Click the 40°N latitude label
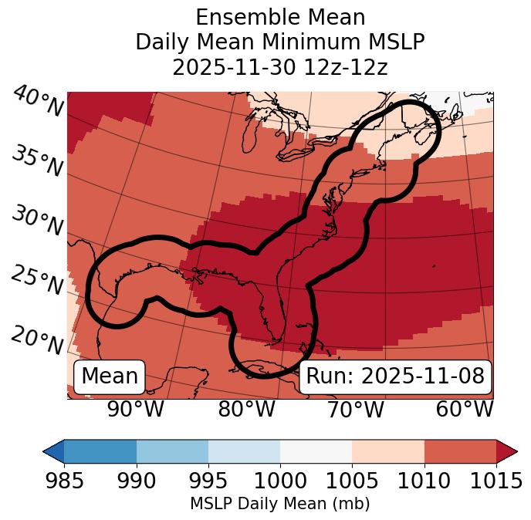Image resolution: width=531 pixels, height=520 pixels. [37, 102]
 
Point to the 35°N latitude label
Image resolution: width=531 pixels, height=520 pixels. [37, 162]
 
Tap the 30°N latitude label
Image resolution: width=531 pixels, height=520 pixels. [37, 222]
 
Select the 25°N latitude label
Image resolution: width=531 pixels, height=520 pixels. [37, 281]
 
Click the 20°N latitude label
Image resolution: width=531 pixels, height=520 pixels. [37, 339]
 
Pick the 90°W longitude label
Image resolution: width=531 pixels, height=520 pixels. [136, 409]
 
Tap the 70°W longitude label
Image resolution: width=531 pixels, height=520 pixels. [355, 409]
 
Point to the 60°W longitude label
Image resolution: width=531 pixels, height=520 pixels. [464, 409]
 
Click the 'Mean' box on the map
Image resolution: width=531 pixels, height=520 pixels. [110, 376]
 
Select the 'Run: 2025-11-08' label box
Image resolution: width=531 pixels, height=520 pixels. [395, 376]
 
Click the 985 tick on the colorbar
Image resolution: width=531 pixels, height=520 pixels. [64, 481]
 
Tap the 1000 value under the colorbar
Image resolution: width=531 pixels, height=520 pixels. [280, 481]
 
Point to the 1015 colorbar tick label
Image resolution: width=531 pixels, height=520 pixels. [496, 481]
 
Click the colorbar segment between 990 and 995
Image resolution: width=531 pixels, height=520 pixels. [172, 451]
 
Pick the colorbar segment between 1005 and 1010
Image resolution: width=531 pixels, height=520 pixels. [388, 451]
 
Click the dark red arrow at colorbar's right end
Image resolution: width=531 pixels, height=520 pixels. [507, 451]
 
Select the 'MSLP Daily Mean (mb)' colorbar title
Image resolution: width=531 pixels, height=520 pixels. [280, 505]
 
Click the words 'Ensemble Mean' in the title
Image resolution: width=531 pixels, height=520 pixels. [280, 17]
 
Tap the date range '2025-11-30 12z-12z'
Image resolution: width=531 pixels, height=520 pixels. [280, 67]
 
